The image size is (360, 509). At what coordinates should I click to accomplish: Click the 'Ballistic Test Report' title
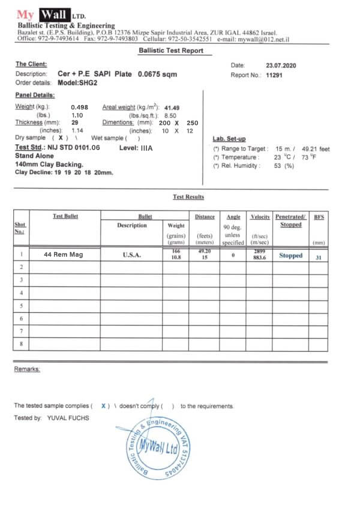175,51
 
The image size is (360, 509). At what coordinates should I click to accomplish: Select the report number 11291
274,75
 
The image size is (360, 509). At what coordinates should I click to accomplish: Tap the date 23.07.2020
281,65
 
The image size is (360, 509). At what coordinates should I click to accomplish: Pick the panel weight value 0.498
79,107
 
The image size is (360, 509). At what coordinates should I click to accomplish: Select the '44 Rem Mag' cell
64,254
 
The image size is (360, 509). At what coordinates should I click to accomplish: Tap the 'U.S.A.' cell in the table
131,254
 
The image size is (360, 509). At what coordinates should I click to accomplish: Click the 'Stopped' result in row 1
290,255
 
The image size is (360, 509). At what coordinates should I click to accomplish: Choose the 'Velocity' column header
260,216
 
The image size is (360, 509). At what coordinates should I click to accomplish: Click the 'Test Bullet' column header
65,216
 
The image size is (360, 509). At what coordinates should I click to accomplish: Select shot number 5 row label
21,305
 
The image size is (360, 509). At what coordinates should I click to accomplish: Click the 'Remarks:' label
27,369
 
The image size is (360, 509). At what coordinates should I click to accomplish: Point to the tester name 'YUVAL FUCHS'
67,418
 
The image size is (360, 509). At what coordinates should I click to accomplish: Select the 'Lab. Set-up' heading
229,139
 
